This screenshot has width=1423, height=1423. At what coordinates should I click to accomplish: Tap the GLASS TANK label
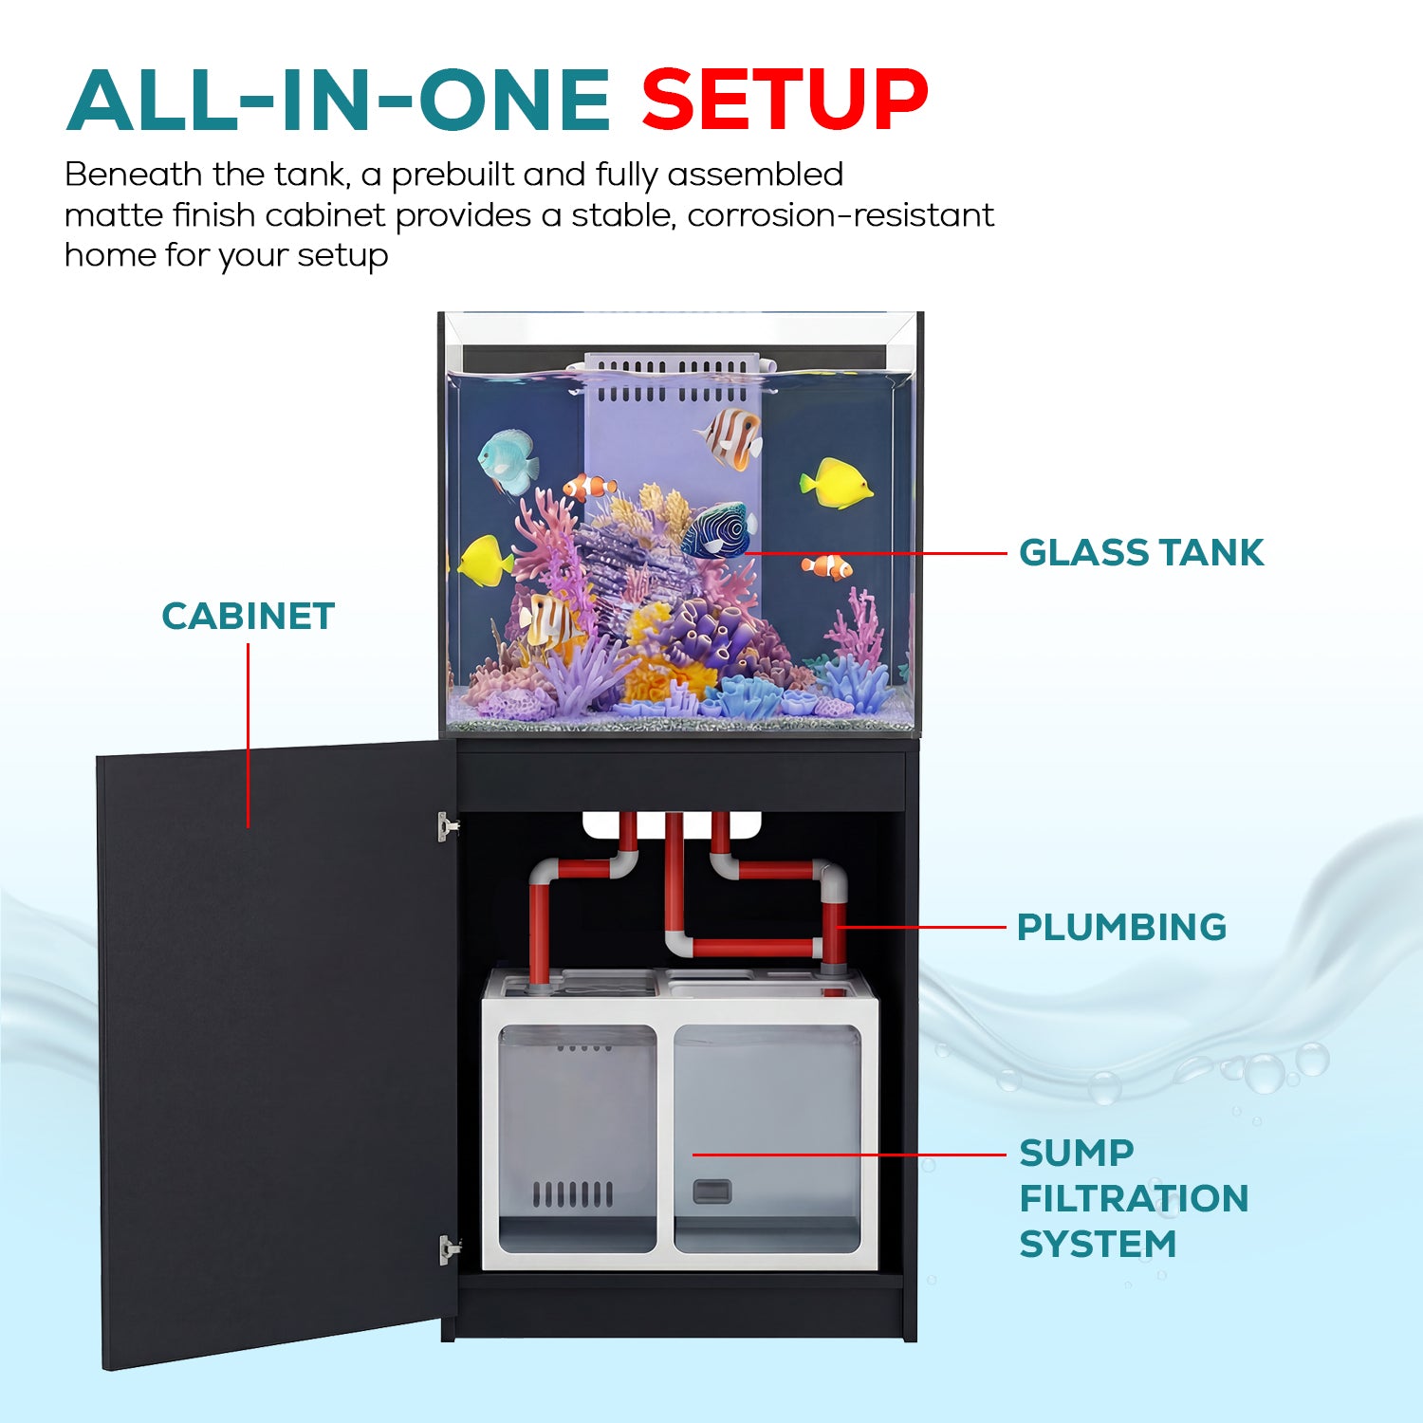coord(1141,552)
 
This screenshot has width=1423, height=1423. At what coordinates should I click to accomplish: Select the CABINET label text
coord(249,617)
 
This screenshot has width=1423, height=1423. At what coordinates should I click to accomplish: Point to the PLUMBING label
coord(1121,927)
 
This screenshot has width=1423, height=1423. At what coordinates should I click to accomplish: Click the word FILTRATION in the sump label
coord(1134,1198)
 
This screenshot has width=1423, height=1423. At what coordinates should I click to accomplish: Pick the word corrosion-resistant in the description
coord(841,215)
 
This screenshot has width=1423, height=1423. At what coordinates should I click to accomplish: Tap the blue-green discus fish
coord(508,462)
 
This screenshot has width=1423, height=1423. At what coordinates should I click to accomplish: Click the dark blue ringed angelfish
coord(718,529)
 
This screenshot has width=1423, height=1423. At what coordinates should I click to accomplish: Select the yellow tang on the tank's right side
coord(836,483)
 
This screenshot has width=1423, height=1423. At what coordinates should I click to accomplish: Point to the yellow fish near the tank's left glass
coord(485,560)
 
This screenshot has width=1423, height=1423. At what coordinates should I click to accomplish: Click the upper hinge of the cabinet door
coord(448,826)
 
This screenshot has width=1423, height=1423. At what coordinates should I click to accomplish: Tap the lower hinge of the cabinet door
coord(449,1249)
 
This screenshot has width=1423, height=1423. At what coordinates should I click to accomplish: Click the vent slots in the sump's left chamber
coord(572,1194)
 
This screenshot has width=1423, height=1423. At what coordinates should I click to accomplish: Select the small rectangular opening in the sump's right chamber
coord(711,1191)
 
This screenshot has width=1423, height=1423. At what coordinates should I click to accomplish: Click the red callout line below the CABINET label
coord(249,736)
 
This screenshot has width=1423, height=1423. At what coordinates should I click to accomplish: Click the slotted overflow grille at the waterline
coord(673,378)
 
